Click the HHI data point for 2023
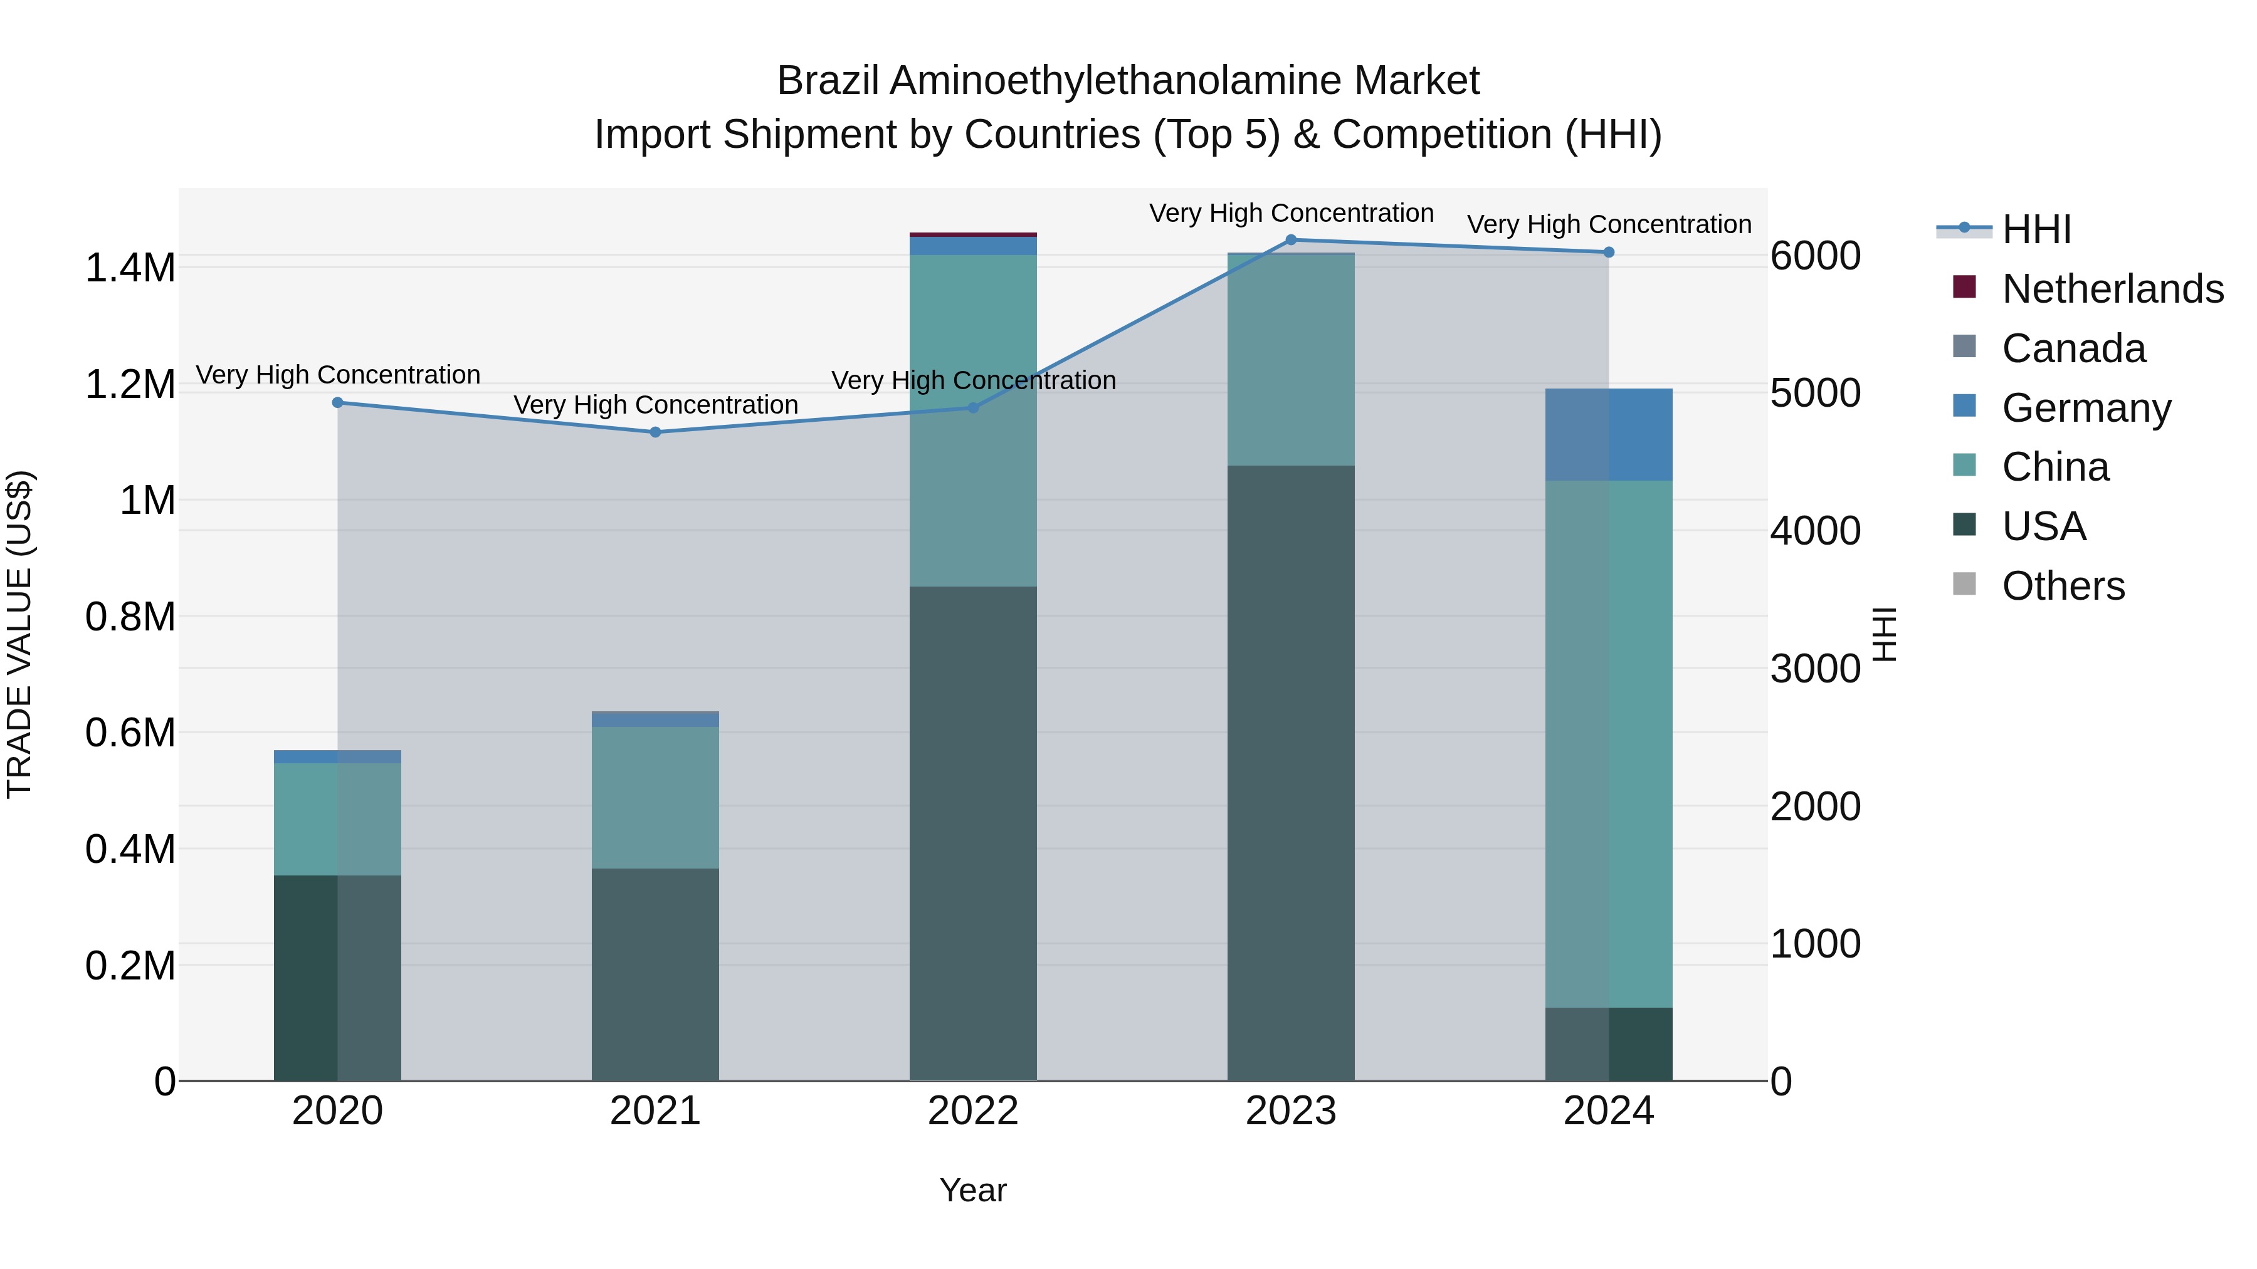coord(1291,240)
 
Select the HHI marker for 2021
coord(655,432)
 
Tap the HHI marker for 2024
coord(1609,252)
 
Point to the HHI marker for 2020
coord(337,403)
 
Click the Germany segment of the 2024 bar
coord(1609,434)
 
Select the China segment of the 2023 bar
coord(1291,359)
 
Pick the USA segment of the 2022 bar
coord(972,832)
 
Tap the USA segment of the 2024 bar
coord(1609,1044)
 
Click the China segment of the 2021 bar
coord(655,797)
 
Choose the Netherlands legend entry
coord(2112,289)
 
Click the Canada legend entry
coord(2073,348)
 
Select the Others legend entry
coord(2063,586)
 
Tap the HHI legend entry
coord(2036,229)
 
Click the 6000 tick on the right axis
coord(1814,256)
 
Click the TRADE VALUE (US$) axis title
coord(19,634)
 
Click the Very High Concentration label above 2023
coord(1291,213)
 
